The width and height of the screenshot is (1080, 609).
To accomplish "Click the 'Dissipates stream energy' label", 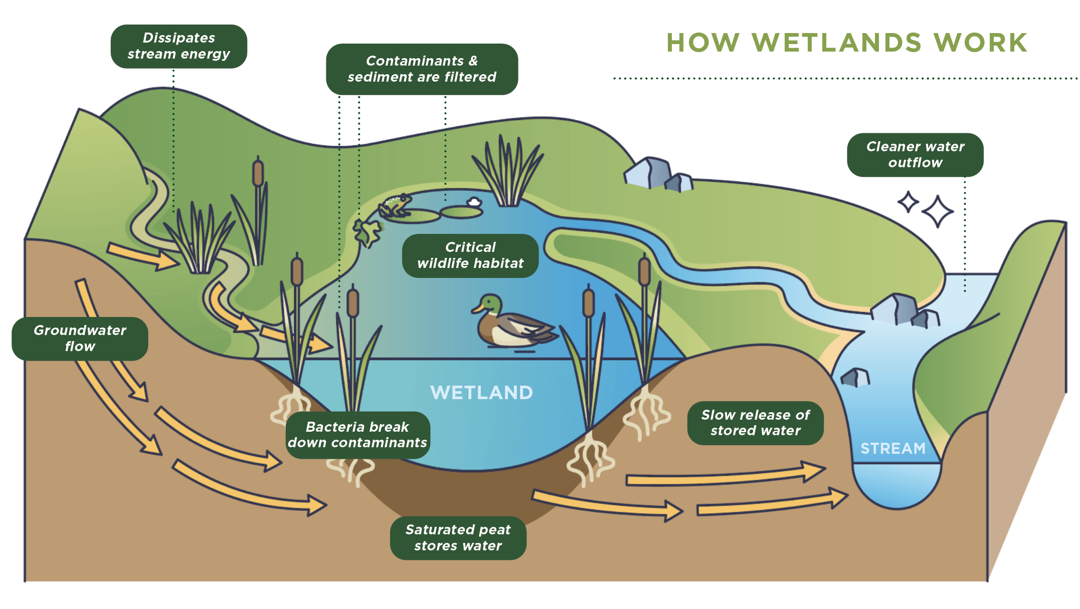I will click(x=178, y=46).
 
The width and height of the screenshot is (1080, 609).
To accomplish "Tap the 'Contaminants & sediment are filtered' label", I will click(x=422, y=69).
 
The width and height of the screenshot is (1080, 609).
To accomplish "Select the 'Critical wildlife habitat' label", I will click(x=470, y=255).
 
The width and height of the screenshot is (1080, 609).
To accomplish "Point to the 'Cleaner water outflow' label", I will click(x=915, y=155).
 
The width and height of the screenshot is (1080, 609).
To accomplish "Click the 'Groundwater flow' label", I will click(x=80, y=339).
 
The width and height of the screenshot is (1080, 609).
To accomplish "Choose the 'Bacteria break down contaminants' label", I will click(x=357, y=435).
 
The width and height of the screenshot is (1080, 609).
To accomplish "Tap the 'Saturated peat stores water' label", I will click(x=458, y=538).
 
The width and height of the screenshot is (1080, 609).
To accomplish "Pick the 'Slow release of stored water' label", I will click(x=755, y=423).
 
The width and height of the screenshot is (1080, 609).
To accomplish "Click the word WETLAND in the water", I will click(x=481, y=393).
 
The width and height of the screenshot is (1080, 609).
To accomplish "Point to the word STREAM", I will click(x=893, y=448).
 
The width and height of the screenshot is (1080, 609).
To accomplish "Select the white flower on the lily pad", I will click(x=474, y=202).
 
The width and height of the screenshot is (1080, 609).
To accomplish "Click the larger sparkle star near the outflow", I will click(x=937, y=211).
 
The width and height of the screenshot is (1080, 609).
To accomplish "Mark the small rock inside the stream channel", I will click(x=855, y=378).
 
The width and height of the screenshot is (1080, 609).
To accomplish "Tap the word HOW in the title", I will click(x=703, y=43).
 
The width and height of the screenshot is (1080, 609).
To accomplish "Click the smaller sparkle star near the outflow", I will click(x=908, y=202).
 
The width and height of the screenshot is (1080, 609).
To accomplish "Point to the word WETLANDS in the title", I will click(x=836, y=43).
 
